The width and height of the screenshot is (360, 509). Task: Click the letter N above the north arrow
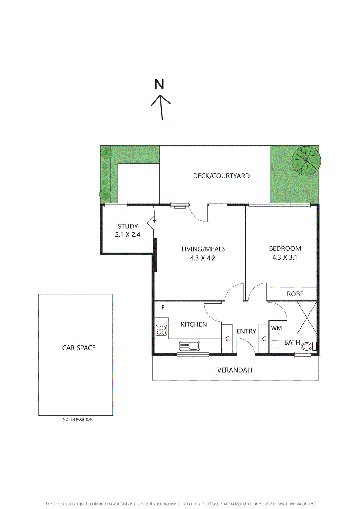(159, 85)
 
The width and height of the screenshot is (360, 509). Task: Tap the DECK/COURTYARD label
(221, 176)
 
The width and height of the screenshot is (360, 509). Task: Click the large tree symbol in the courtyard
(306, 161)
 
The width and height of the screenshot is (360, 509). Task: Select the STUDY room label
(128, 226)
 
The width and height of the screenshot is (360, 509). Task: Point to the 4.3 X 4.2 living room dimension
(203, 258)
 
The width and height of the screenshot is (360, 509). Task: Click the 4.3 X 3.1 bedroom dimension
(285, 257)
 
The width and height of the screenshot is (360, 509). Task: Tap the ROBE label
(295, 294)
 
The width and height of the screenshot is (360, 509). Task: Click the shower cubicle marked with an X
(307, 317)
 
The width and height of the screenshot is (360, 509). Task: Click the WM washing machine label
(276, 328)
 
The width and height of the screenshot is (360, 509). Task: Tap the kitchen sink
(190, 345)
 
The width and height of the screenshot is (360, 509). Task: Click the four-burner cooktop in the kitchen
(162, 330)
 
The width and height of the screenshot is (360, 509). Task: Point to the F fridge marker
(163, 308)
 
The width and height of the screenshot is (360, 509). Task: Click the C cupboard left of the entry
(227, 339)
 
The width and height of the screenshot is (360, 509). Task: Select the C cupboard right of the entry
(264, 339)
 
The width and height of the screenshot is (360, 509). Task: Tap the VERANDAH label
(234, 370)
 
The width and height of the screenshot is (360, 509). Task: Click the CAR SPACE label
(79, 348)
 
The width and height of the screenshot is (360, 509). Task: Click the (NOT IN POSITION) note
(78, 419)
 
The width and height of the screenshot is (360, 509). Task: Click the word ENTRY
(246, 331)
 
